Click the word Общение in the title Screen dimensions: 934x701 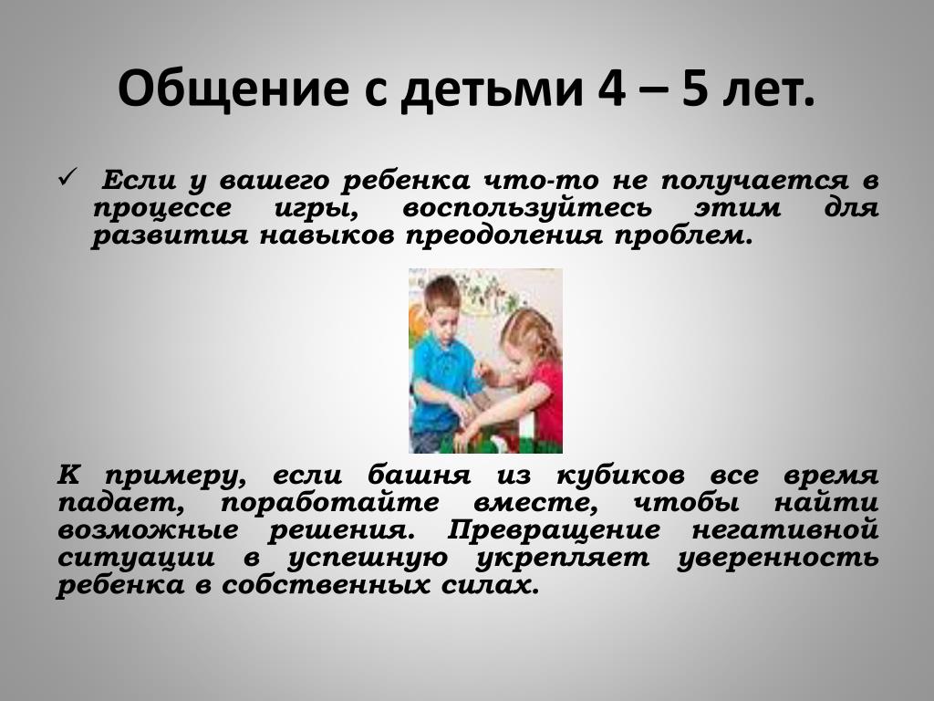point(233,88)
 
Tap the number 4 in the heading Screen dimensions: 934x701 point(610,89)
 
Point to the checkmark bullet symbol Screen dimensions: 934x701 point(67,177)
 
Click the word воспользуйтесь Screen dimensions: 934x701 point(527,209)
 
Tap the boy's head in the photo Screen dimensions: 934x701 point(440,305)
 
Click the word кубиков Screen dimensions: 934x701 point(620,476)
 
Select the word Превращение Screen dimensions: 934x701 point(554,530)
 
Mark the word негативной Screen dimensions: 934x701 point(785,530)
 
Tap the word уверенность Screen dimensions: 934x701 point(778,558)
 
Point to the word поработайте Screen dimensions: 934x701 point(330,503)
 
